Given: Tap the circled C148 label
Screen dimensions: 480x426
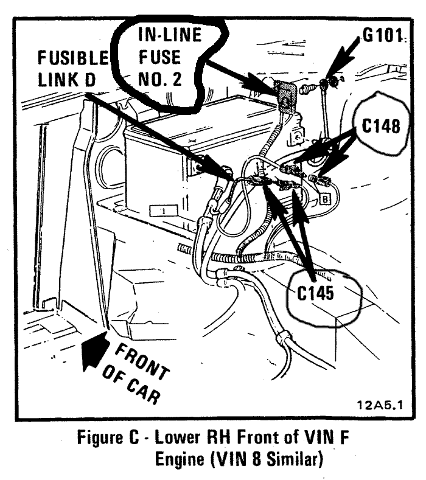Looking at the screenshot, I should pyautogui.click(x=380, y=125).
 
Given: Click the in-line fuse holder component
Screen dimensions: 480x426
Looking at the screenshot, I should pyautogui.click(x=284, y=95).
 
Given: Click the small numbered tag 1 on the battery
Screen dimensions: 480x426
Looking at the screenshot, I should pyautogui.click(x=164, y=210).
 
